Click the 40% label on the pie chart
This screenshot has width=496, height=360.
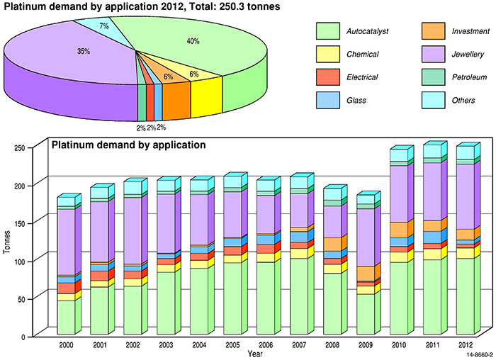[x=193, y=41]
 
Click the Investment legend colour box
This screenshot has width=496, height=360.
[x=429, y=31]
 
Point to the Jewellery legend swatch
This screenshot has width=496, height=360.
[x=429, y=54]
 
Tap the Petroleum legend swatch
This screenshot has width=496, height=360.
[x=429, y=77]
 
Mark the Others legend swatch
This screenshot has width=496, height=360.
[x=429, y=100]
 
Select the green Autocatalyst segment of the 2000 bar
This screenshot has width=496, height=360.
[x=66, y=317]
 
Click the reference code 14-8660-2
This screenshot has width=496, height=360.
[x=480, y=354]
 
